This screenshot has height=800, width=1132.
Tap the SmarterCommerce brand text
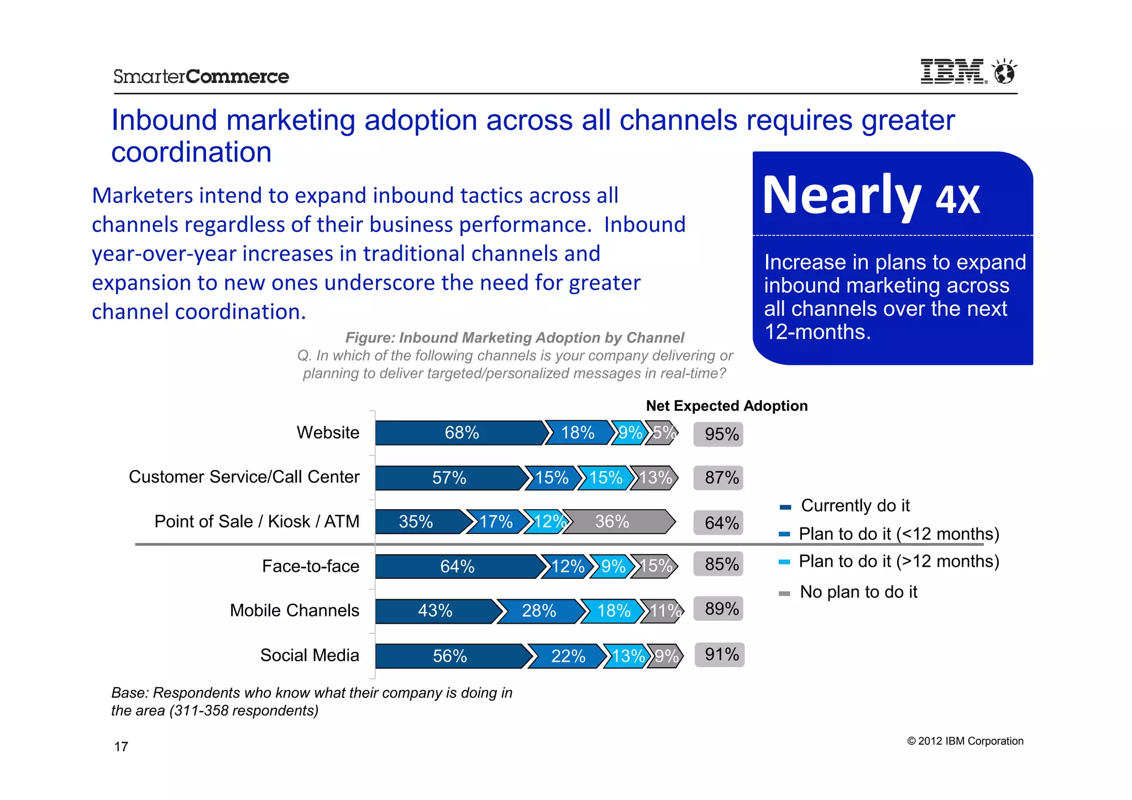(201, 76)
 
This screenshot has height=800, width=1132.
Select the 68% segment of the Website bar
(460, 432)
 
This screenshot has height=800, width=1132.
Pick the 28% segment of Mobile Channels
(538, 611)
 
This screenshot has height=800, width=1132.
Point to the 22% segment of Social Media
(567, 656)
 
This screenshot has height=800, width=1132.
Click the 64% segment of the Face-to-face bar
(457, 566)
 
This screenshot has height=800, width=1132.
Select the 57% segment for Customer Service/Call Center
(449, 478)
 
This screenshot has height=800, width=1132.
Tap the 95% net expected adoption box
(719, 434)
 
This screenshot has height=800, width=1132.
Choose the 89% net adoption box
(719, 609)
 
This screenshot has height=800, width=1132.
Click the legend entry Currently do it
(854, 506)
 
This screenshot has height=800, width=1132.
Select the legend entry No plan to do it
(858, 592)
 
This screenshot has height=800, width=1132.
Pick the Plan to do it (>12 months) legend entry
(898, 562)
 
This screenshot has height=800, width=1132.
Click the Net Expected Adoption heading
(726, 406)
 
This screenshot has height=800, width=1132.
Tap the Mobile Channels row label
(294, 610)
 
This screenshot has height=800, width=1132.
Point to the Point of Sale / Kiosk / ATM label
(256, 521)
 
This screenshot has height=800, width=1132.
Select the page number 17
(121, 747)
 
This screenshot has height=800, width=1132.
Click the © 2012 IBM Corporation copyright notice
(965, 741)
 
